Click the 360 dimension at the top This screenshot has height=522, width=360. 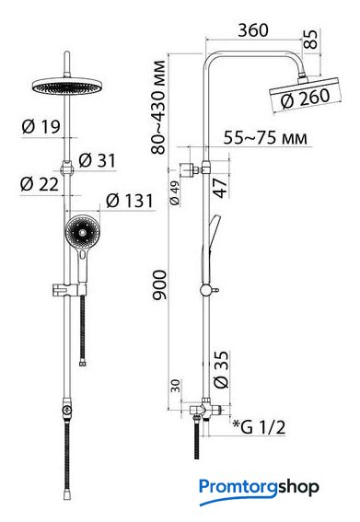tap(253, 30)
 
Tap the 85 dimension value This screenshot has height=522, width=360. tap(310, 40)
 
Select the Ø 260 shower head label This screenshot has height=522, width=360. tap(306, 99)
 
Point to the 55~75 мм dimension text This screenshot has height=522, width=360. tap(265, 137)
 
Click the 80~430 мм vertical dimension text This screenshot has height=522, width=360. tap(157, 107)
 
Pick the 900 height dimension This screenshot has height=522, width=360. tap(159, 285)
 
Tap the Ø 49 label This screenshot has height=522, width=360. tap(175, 192)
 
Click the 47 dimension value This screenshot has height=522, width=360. tap(220, 188)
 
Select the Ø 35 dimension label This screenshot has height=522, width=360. tap(221, 369)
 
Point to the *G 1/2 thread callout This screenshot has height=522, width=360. tap(259, 427)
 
